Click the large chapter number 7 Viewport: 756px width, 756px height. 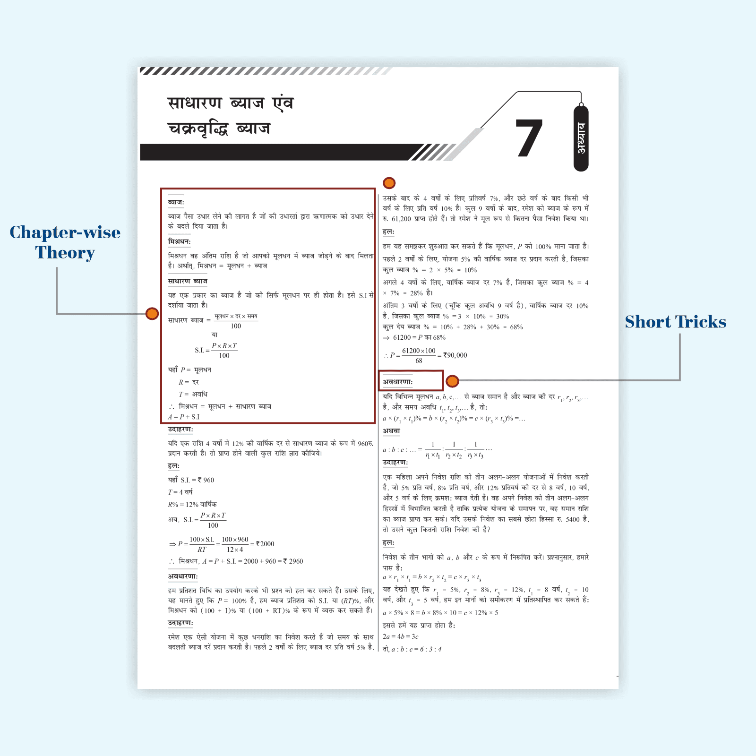click(x=529, y=138)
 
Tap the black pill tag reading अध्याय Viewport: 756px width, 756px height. click(x=581, y=138)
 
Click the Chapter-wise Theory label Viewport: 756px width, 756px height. click(x=65, y=242)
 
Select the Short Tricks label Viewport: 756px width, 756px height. click(x=676, y=322)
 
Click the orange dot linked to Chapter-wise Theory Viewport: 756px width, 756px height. click(x=152, y=314)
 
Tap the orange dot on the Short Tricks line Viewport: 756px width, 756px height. click(x=452, y=381)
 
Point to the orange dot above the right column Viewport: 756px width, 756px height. click(x=389, y=183)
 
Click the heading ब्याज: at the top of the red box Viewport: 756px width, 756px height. click(x=176, y=202)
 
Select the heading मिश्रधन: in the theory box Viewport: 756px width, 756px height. click(x=179, y=241)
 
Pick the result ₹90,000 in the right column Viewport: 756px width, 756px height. click(x=455, y=355)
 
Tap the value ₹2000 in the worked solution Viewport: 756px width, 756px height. click(x=265, y=544)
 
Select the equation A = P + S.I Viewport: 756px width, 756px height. click(x=184, y=417)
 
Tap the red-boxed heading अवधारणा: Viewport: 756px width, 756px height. click(x=398, y=382)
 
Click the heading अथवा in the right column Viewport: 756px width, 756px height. click(x=391, y=431)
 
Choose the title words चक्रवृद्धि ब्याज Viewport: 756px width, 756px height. click(x=219, y=129)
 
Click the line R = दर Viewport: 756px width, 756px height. click(x=189, y=382)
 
